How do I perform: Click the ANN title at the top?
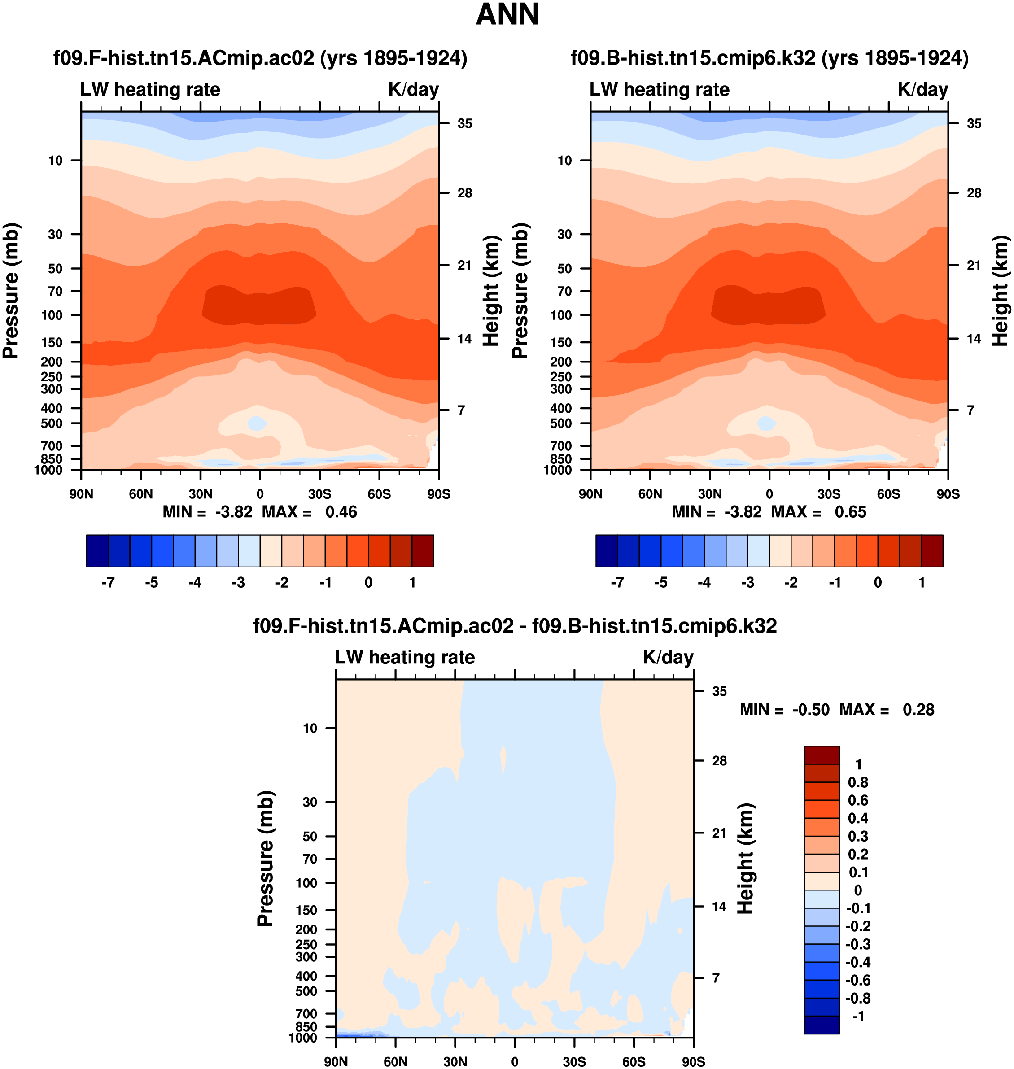507,15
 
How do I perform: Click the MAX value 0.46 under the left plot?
341,512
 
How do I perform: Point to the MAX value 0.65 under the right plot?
850,512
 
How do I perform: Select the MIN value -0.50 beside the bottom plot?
811,710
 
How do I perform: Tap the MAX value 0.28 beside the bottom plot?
918,710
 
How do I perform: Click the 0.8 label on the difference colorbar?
858,782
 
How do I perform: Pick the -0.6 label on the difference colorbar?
858,980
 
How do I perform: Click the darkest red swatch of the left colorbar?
423,551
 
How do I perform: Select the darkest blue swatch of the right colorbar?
607,551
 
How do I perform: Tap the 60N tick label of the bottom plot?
395,1061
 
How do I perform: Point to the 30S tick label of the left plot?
319,494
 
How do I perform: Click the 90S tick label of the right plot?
948,494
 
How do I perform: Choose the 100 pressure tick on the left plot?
52,315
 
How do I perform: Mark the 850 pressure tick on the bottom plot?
306,1026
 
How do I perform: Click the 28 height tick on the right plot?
974,193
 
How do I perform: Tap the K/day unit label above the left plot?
414,89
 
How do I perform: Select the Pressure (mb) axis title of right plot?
520,291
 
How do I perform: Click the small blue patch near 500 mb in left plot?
257,423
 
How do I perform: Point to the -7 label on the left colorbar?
108,583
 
